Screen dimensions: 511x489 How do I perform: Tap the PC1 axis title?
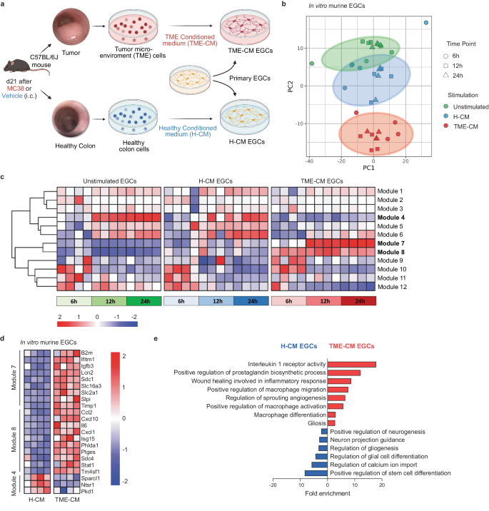coord(366,168)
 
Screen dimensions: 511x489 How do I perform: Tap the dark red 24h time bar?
coord(357,301)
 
